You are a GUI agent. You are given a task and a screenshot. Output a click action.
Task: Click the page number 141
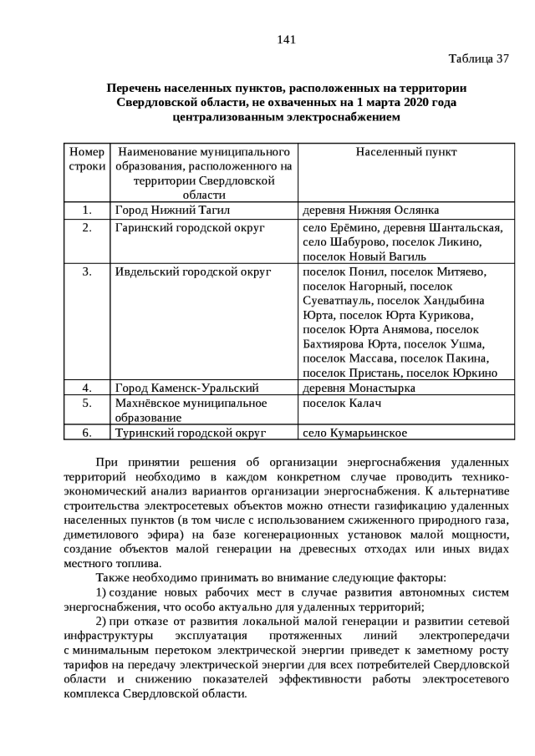tap(286, 39)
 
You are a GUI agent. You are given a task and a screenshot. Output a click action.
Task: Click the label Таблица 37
tap(478, 58)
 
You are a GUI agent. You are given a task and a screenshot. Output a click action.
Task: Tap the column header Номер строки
tap(87, 159)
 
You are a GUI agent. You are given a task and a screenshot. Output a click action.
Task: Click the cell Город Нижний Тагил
tap(172, 210)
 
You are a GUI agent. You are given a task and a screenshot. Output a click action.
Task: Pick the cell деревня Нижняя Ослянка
tap(370, 210)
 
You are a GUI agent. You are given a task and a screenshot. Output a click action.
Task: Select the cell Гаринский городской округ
tap(190, 226)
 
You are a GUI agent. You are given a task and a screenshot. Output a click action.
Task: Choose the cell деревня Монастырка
tap(359, 388)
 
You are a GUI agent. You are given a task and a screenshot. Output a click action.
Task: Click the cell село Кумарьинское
tap(354, 433)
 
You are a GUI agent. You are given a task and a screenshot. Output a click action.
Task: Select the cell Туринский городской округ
tap(191, 433)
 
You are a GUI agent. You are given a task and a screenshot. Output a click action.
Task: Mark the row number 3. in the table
tap(87, 271)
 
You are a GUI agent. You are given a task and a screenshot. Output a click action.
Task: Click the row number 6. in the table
tap(87, 433)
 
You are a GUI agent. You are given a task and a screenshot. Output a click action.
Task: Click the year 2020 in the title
tap(395, 103)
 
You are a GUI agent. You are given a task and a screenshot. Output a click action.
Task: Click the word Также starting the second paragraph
tap(115, 578)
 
